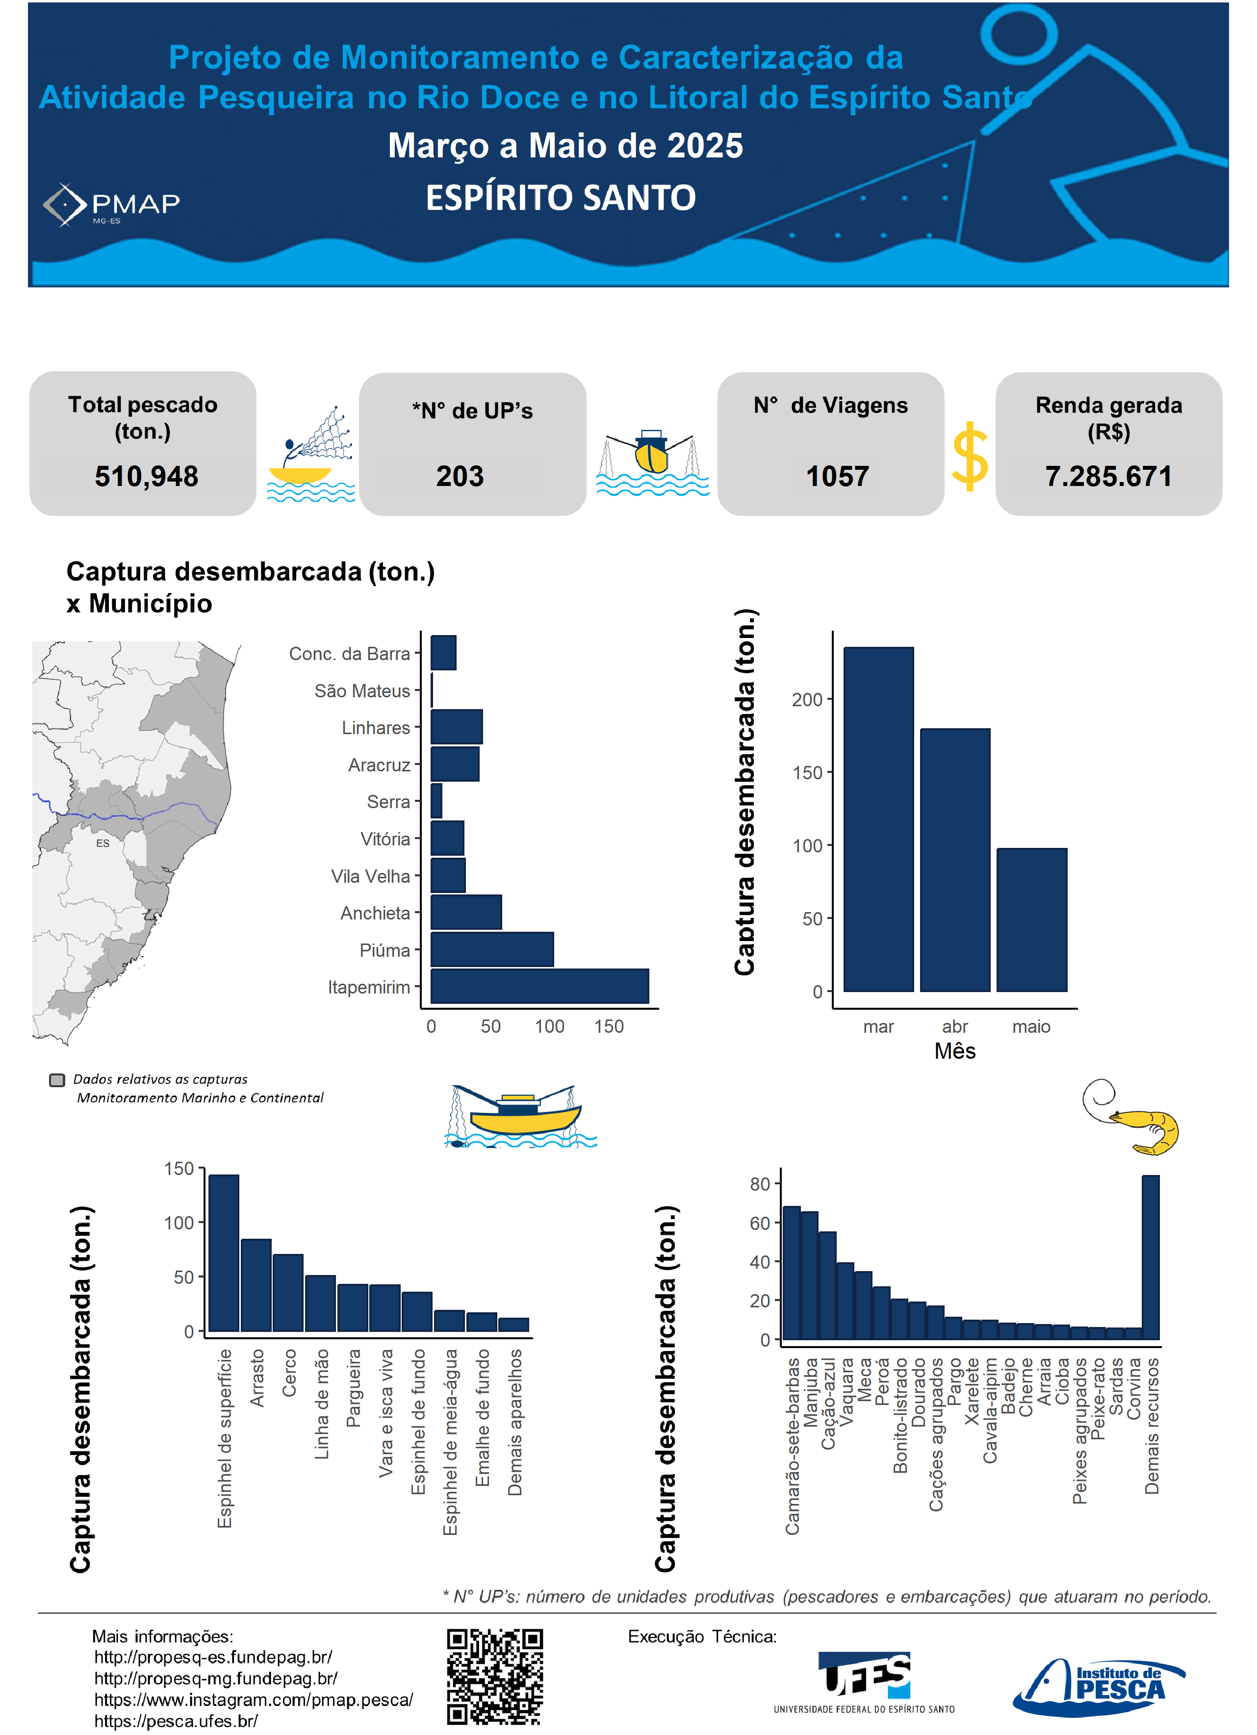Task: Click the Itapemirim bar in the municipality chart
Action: tap(539, 986)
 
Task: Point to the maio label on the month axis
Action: tap(1031, 1026)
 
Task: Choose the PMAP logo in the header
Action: tap(112, 205)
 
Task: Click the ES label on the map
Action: tap(103, 843)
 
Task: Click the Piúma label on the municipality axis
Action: tap(385, 950)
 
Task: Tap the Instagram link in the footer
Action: tap(253, 1700)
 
